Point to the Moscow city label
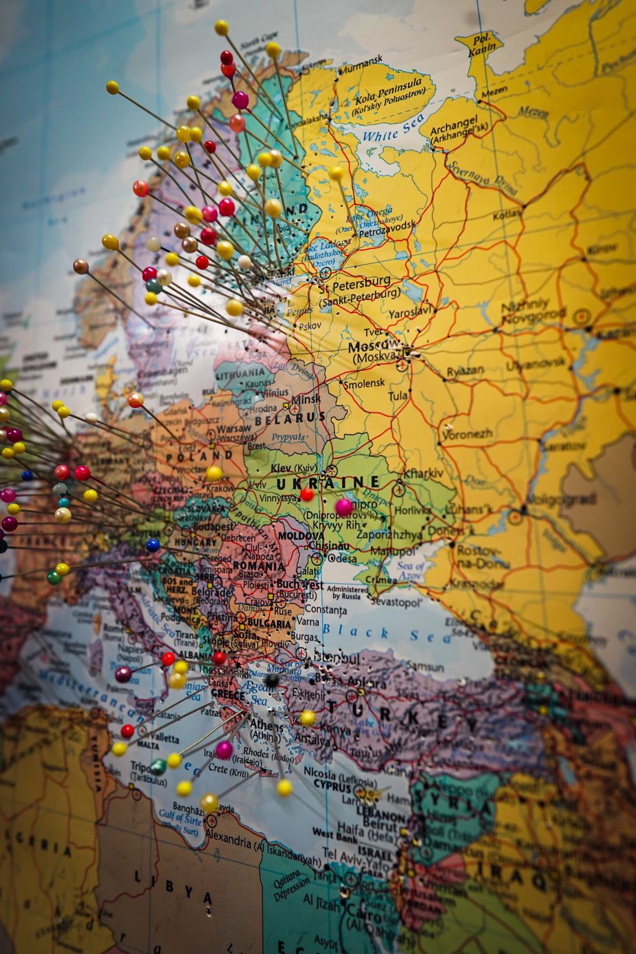pos(374,345)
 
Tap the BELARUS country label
pos(298,418)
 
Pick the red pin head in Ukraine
pos(307,494)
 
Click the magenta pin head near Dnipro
pos(343,507)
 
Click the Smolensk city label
pos(365,383)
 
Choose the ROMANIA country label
pos(258,566)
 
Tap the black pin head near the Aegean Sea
pos(270,681)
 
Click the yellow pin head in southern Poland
pos(214,473)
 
